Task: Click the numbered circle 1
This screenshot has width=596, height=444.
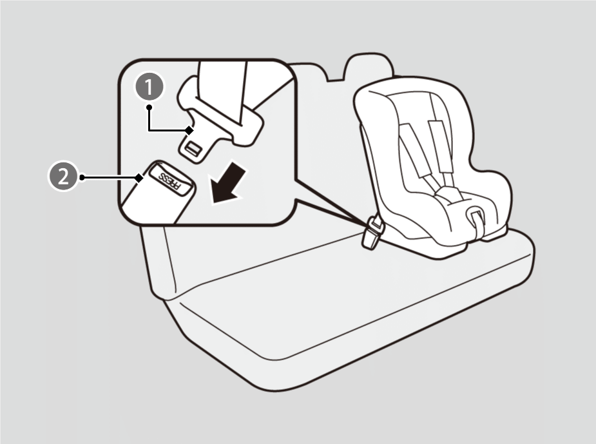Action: click(149, 87)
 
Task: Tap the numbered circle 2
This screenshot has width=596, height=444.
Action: click(63, 177)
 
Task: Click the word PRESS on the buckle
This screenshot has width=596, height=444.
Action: click(170, 180)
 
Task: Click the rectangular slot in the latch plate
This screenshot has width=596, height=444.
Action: click(193, 148)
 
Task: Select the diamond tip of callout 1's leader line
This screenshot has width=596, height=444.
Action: click(189, 130)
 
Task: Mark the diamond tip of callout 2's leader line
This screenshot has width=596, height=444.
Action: click(139, 177)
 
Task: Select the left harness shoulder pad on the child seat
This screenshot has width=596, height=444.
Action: click(414, 150)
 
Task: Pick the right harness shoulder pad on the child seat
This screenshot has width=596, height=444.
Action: click(438, 146)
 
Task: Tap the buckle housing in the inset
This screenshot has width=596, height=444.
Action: click(160, 192)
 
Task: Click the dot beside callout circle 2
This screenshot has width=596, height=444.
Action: click(82, 177)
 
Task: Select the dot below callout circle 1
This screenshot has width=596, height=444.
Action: click(149, 108)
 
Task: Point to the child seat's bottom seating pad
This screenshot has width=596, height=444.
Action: click(456, 213)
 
